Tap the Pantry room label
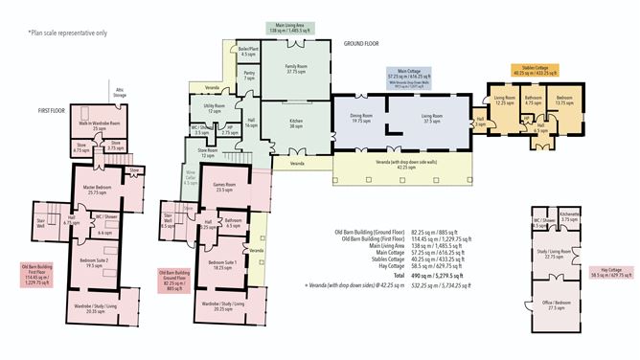[x=248, y=75]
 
